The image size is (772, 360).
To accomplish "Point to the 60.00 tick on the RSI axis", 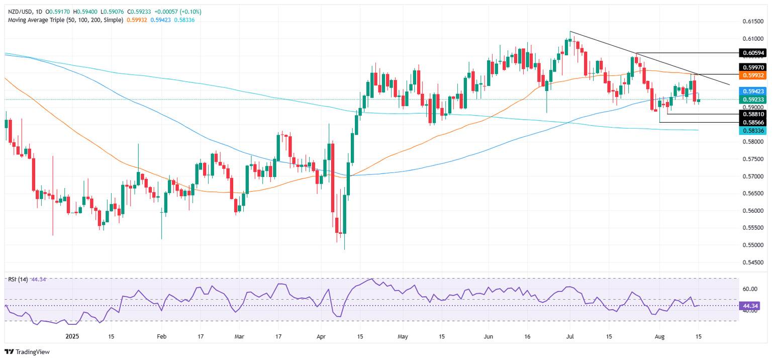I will pyautogui.click(x=750, y=289).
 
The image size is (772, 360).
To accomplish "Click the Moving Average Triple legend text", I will pyautogui.click(x=65, y=19).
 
